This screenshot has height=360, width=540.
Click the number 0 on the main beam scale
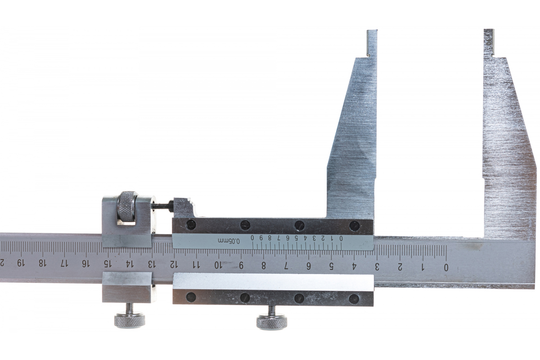(446, 268)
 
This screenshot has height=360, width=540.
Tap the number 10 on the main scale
(217, 265)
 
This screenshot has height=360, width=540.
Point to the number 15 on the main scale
(106, 264)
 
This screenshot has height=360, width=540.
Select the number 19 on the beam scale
(21, 263)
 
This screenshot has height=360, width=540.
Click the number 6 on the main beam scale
(308, 266)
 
